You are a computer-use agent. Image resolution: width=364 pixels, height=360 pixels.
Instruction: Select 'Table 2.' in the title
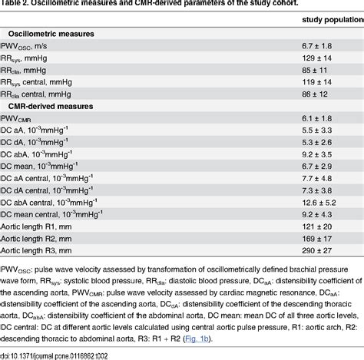point(15,4)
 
